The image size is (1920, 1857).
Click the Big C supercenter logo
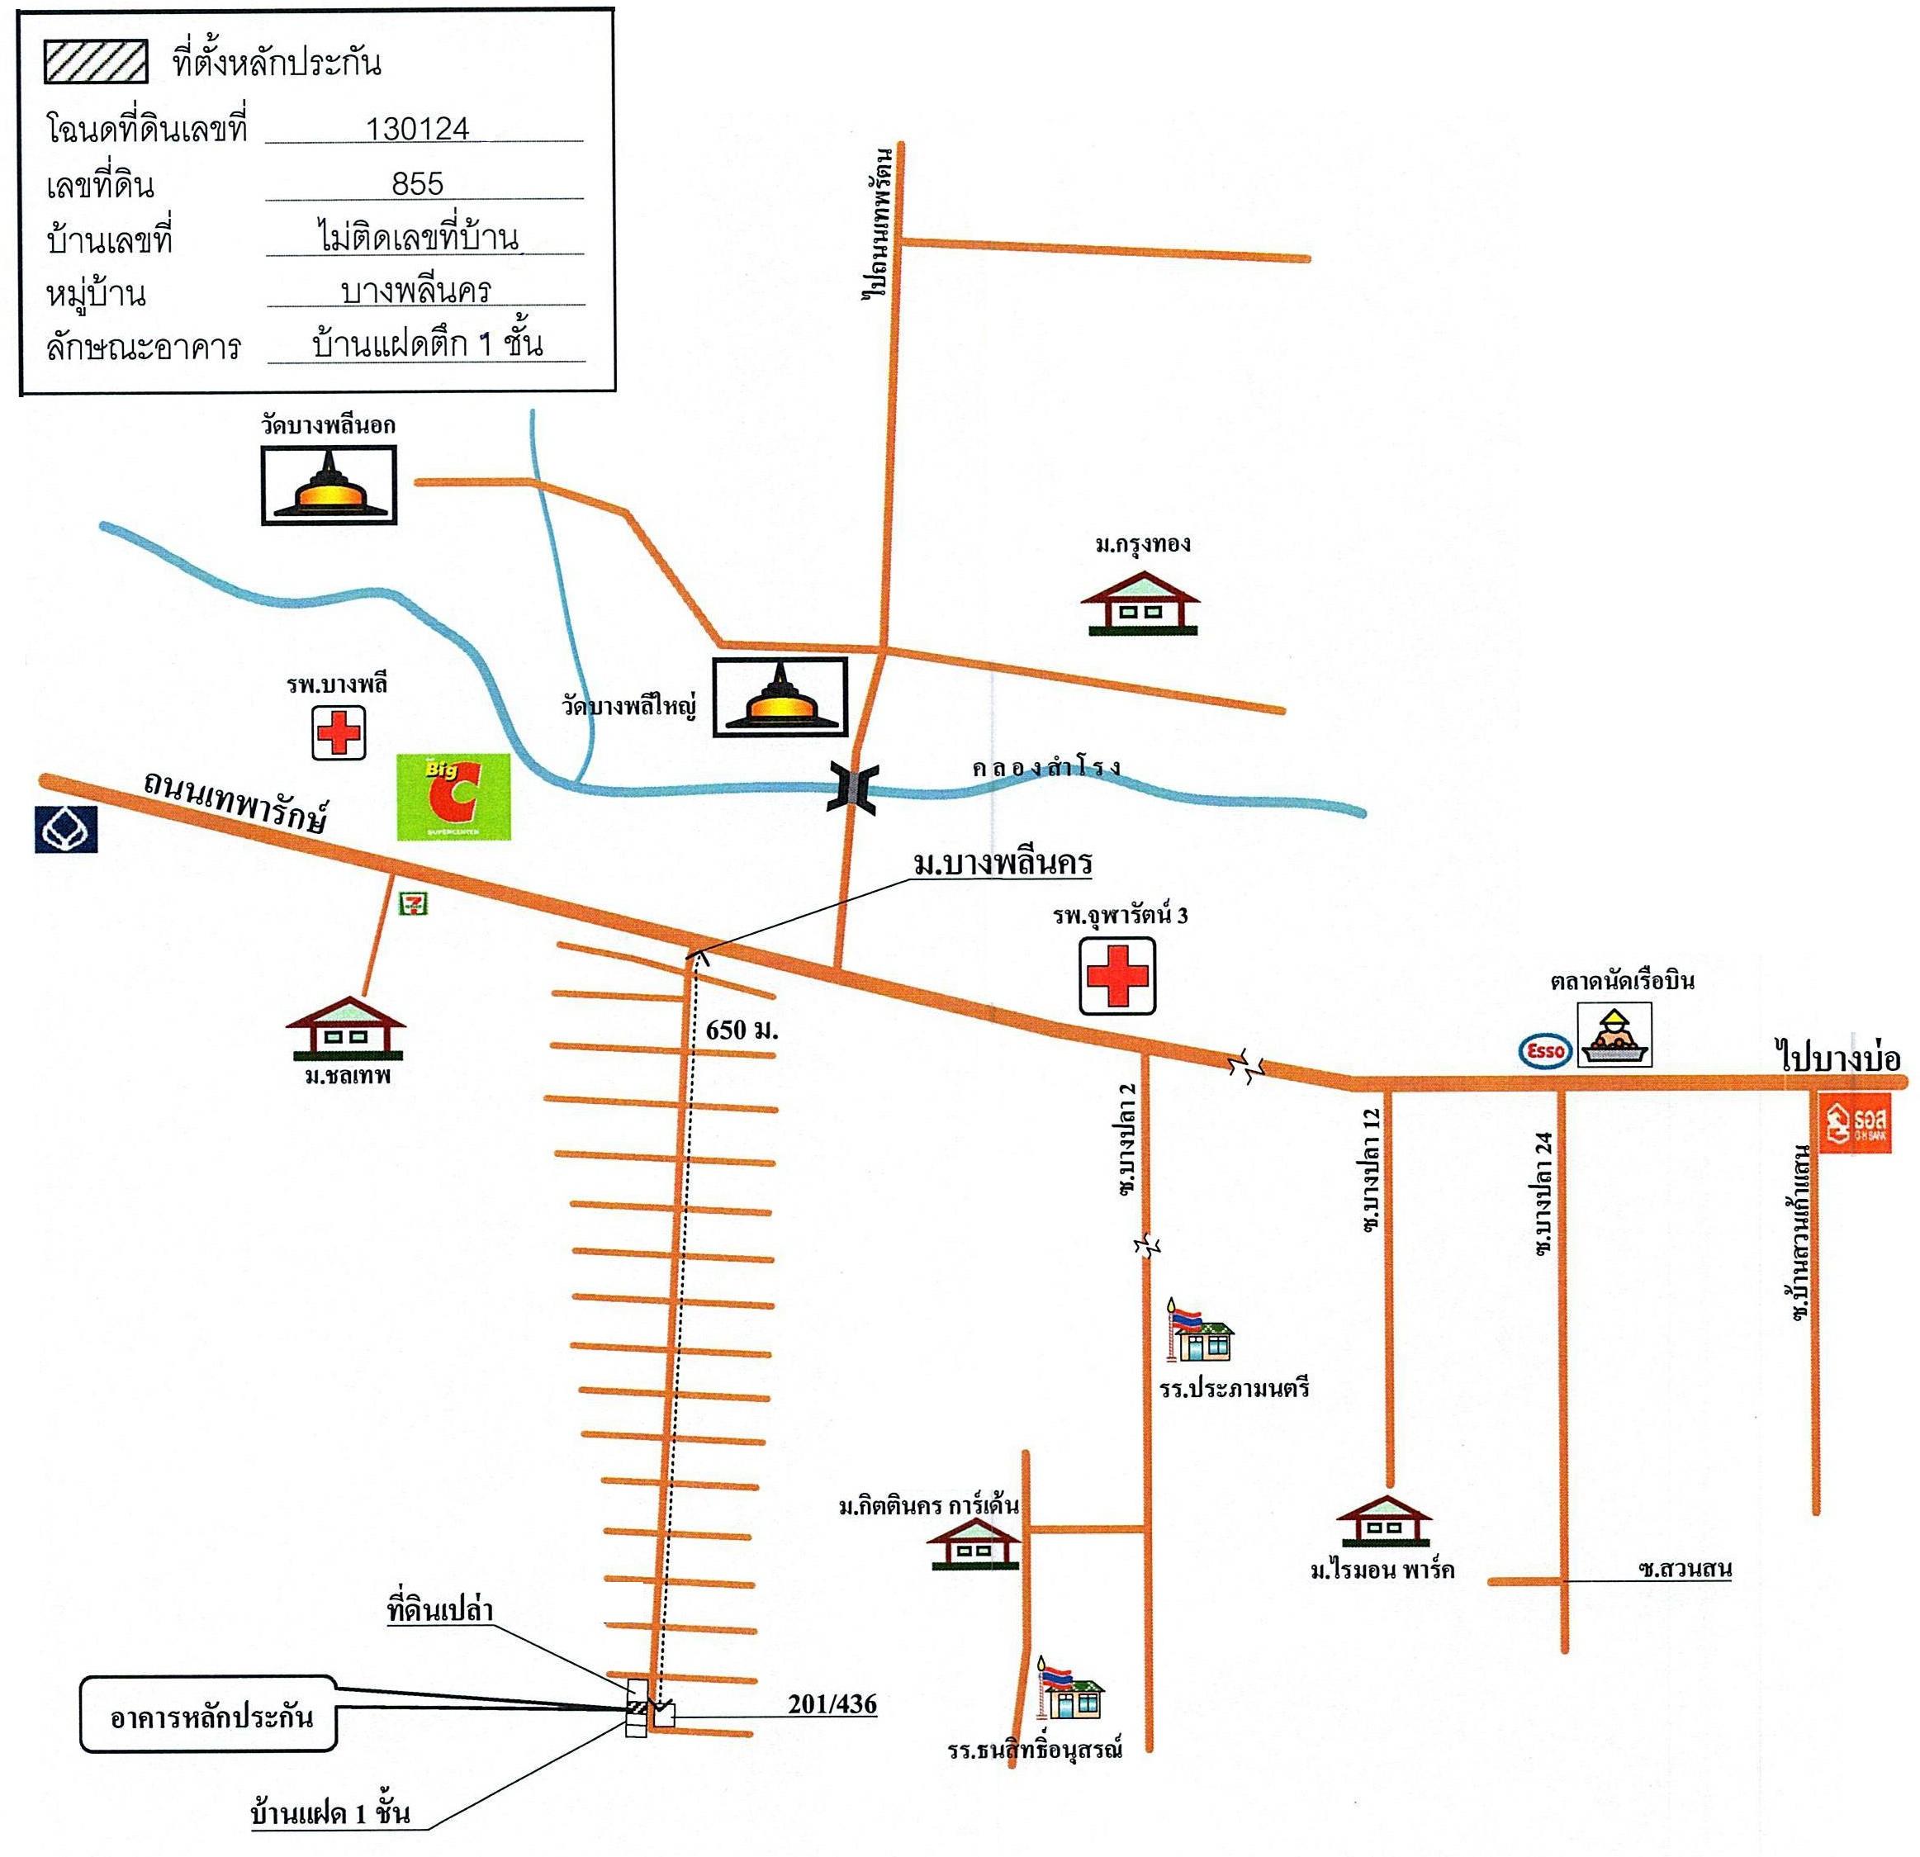click(x=453, y=796)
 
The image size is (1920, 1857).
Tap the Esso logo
click(x=1545, y=1051)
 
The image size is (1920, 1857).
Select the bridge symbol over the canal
click(x=852, y=785)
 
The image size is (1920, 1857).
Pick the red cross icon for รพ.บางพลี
click(x=338, y=732)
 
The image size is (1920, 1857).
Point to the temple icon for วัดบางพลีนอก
click(x=329, y=485)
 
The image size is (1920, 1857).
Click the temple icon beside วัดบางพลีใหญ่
click(x=780, y=696)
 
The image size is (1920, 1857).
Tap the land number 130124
click(x=417, y=128)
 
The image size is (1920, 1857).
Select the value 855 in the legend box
click(x=417, y=183)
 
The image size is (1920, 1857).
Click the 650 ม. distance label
click(x=742, y=1030)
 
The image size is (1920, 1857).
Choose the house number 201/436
click(x=832, y=1704)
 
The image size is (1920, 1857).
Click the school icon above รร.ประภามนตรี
click(x=1199, y=1330)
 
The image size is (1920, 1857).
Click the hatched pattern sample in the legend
click(x=96, y=63)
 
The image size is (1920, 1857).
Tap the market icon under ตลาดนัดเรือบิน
click(x=1614, y=1036)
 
